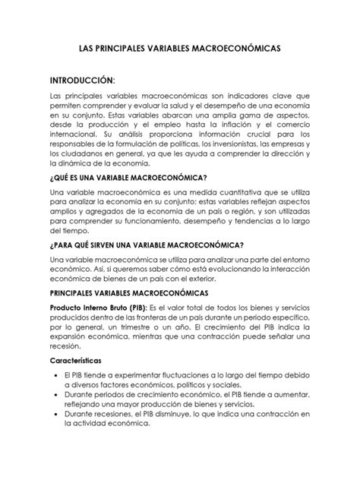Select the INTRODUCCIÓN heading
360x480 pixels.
[x=82, y=81]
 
